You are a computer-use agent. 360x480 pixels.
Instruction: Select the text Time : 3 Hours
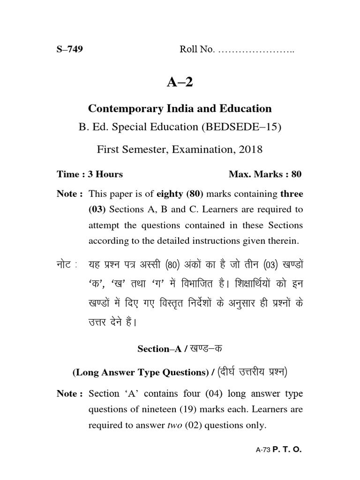click(x=90, y=174)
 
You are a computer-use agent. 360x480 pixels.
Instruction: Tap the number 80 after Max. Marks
click(x=296, y=174)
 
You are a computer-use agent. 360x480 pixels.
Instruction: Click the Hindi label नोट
click(x=66, y=264)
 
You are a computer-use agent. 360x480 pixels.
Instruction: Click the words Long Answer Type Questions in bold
click(x=142, y=373)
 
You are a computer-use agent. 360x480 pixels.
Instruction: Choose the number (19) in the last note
click(x=200, y=409)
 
